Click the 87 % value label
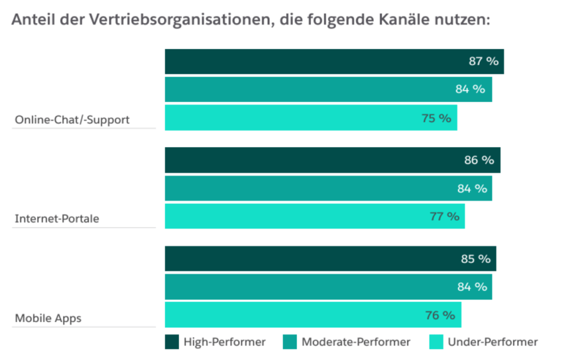click(483, 61)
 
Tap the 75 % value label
click(436, 118)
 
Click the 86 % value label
click(479, 160)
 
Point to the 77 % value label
click(444, 216)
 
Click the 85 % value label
click(475, 259)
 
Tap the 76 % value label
click(440, 315)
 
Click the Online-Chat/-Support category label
click(72, 120)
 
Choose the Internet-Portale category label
click(57, 219)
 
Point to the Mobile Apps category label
click(48, 318)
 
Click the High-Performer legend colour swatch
click(172, 342)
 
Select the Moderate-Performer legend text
click(356, 342)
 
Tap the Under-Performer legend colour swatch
click(436, 342)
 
